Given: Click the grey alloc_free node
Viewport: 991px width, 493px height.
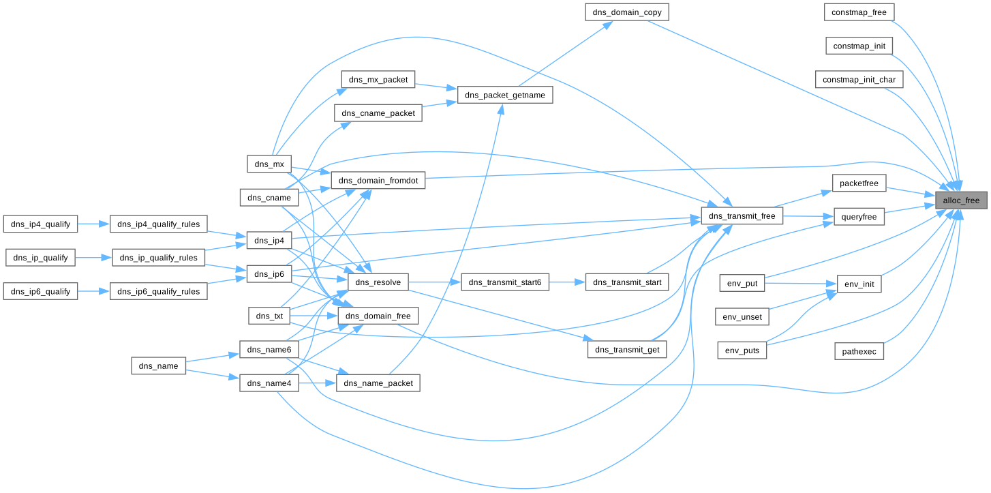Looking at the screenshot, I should click(x=961, y=200).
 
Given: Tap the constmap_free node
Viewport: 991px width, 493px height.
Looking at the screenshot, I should click(x=859, y=12).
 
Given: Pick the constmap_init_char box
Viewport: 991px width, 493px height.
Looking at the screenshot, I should click(x=859, y=80).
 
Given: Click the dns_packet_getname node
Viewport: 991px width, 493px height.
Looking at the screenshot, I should click(x=505, y=95).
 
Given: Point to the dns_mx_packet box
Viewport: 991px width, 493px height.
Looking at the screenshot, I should click(x=378, y=79).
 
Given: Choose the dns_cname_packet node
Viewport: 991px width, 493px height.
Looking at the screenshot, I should click(x=378, y=113).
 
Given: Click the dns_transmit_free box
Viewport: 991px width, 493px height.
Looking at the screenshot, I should click(x=742, y=216).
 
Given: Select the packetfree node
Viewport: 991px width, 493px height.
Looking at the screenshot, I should click(x=859, y=183).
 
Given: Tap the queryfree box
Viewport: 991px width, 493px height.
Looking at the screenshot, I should click(x=859, y=217).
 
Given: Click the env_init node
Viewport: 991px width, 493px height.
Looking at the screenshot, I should click(x=859, y=284).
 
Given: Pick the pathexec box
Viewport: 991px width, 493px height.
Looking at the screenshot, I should click(x=859, y=351).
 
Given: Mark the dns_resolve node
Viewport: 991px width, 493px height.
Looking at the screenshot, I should click(x=378, y=282).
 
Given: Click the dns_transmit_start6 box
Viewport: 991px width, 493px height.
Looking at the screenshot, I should click(x=505, y=282).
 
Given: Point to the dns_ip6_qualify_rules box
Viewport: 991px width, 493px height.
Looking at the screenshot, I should click(x=158, y=291).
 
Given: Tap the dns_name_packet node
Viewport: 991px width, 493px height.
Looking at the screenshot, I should click(x=378, y=383).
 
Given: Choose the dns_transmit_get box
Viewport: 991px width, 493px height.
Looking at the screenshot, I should click(x=626, y=349).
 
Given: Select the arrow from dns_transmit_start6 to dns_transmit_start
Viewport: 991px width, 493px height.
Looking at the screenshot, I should click(x=567, y=282).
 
